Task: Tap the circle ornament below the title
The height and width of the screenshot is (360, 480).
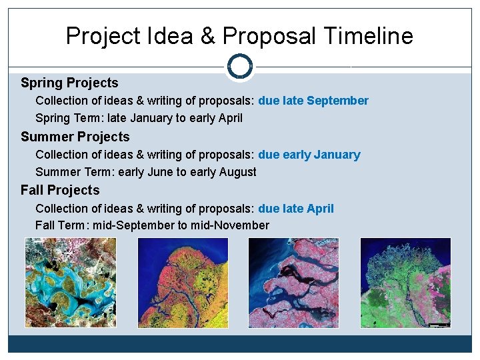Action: click(x=239, y=67)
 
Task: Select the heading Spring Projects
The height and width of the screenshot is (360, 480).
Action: click(x=69, y=83)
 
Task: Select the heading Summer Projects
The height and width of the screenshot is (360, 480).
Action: click(x=75, y=137)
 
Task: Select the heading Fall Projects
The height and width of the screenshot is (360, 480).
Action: click(x=60, y=190)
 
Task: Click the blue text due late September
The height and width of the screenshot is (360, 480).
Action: click(x=313, y=101)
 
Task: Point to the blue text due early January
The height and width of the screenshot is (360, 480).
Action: click(x=309, y=155)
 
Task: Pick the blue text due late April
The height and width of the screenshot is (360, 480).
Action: click(x=295, y=209)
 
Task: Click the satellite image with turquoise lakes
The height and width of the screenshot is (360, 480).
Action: click(x=70, y=283)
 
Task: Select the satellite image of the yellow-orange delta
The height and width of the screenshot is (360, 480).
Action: click(x=182, y=283)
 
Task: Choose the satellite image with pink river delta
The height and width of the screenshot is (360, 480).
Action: click(x=293, y=283)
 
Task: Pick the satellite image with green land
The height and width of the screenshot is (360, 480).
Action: click(x=405, y=283)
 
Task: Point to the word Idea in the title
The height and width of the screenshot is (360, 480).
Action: click(x=169, y=35)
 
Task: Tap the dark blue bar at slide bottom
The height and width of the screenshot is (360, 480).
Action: click(x=239, y=343)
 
